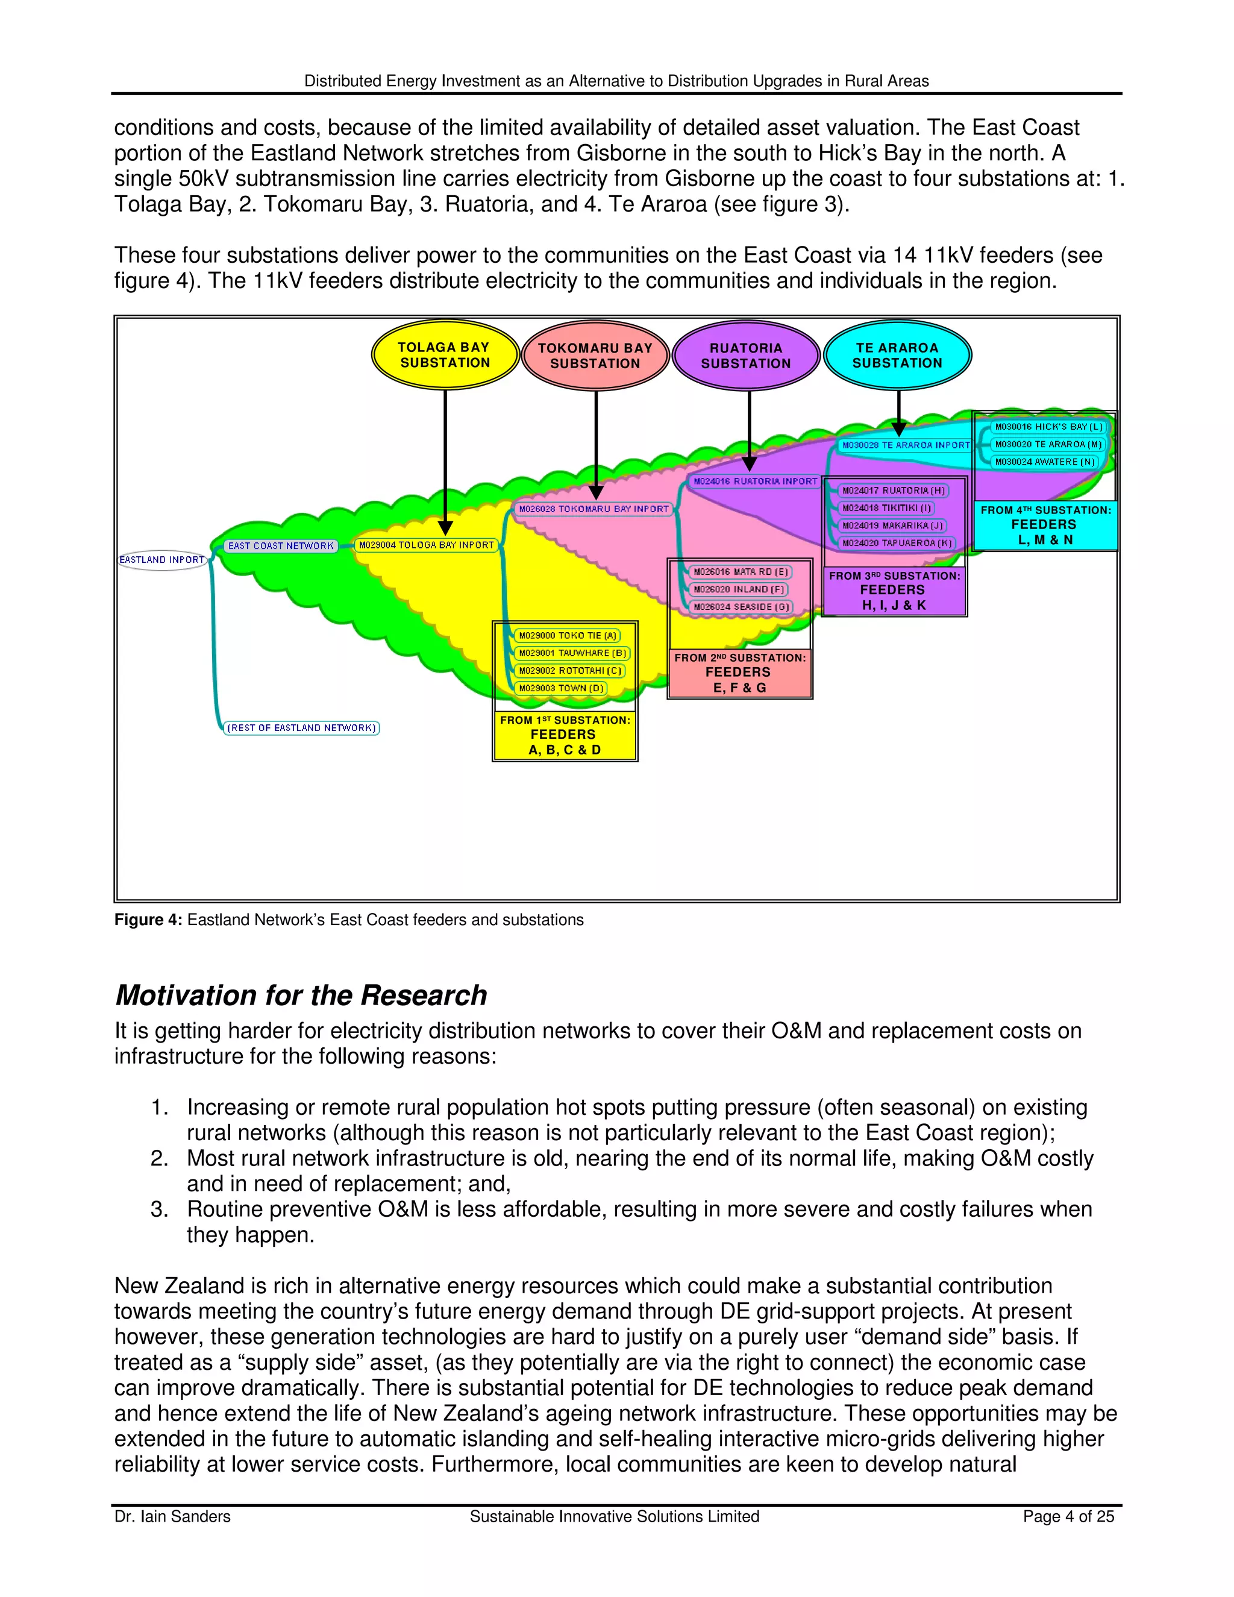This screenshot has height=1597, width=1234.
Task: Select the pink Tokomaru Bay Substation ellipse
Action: [595, 356]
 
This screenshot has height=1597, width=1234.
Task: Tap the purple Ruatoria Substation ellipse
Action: [746, 356]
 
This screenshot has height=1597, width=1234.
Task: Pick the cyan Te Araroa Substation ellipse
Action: [897, 356]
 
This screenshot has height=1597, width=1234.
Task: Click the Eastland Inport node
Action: [162, 560]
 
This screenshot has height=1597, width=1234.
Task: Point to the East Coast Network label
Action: [281, 546]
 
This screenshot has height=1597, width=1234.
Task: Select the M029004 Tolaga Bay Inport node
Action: [426, 545]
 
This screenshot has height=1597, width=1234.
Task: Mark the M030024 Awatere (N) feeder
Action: [1045, 462]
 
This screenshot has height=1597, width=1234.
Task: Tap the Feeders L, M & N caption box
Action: [1045, 525]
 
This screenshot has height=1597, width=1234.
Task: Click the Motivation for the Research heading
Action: [301, 995]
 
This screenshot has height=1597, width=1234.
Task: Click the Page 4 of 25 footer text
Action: [1068, 1517]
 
